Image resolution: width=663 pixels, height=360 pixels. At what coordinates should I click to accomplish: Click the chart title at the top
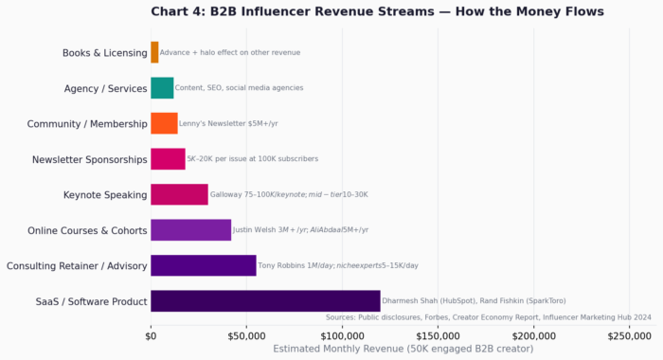click(x=377, y=11)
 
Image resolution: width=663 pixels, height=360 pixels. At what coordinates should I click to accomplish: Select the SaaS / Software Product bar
click(x=265, y=301)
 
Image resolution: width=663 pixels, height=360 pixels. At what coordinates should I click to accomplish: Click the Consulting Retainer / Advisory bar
click(x=203, y=265)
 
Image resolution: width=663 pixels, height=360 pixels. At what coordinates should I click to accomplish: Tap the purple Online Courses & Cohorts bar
click(x=190, y=229)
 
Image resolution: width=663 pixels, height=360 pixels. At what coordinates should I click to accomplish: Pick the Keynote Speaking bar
click(x=179, y=194)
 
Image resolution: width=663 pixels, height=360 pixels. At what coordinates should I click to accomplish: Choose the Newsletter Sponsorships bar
click(x=168, y=159)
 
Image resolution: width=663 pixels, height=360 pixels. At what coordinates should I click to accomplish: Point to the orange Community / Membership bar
click(x=164, y=123)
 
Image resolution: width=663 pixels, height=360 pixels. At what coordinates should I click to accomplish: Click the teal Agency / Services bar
click(x=162, y=88)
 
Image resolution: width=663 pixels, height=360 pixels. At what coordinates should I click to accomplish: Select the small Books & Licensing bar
click(x=154, y=52)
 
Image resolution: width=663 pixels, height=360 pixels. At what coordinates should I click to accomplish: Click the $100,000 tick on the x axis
click(x=342, y=335)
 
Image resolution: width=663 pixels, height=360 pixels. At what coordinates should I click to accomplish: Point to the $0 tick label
click(x=151, y=335)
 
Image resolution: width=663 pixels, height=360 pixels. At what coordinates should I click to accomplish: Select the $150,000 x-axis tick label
click(x=438, y=335)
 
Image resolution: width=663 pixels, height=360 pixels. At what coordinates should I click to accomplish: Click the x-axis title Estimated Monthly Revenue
click(x=403, y=349)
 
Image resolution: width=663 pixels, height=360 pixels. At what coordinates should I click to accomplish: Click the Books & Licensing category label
click(x=104, y=53)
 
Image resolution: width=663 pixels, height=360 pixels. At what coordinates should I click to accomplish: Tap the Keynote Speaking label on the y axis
click(x=105, y=195)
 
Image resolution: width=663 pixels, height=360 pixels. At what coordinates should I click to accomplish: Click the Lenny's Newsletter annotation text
click(x=228, y=123)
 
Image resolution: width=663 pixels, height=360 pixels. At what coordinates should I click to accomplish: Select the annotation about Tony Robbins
click(x=338, y=265)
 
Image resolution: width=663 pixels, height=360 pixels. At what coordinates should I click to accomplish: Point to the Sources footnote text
click(x=488, y=317)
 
